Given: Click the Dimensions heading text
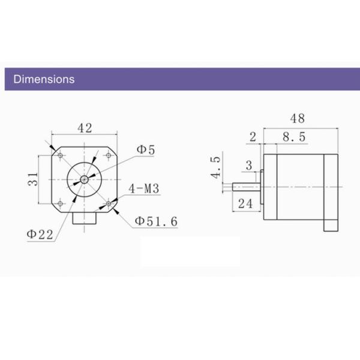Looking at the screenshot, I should (x=44, y=79).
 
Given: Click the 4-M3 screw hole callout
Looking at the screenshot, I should (x=143, y=190).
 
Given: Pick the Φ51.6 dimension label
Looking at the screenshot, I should (x=155, y=221).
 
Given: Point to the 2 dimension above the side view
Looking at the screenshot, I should (x=253, y=137).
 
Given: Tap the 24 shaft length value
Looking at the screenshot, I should (x=245, y=203).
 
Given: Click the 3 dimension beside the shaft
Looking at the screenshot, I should (x=248, y=166).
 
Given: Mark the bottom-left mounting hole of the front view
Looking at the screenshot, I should (x=61, y=203).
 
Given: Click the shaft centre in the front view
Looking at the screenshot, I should (x=85, y=179).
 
